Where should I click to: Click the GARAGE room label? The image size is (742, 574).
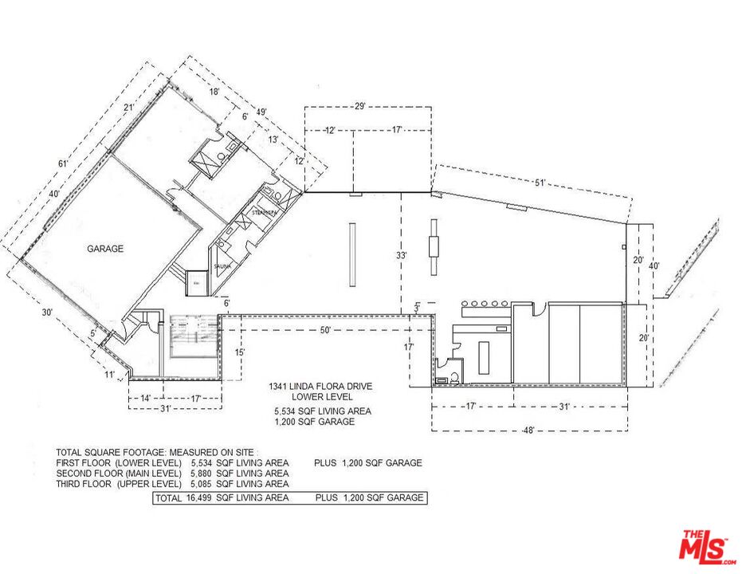pyautogui.click(x=105, y=249)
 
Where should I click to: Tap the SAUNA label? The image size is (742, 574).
pyautogui.click(x=221, y=266)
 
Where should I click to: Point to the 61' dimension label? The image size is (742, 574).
pyautogui.click(x=40, y=164)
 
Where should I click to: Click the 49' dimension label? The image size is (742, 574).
pyautogui.click(x=261, y=112)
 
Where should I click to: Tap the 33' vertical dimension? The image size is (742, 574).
pyautogui.click(x=402, y=256)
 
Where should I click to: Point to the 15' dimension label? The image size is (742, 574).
pyautogui.click(x=239, y=352)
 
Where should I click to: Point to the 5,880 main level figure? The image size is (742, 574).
pyautogui.click(x=202, y=473)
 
